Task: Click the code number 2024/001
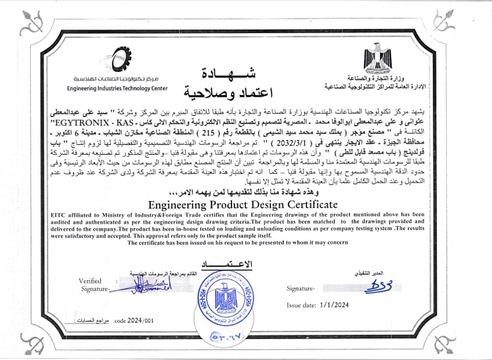[131, 321]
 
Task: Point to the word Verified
[89, 281]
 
